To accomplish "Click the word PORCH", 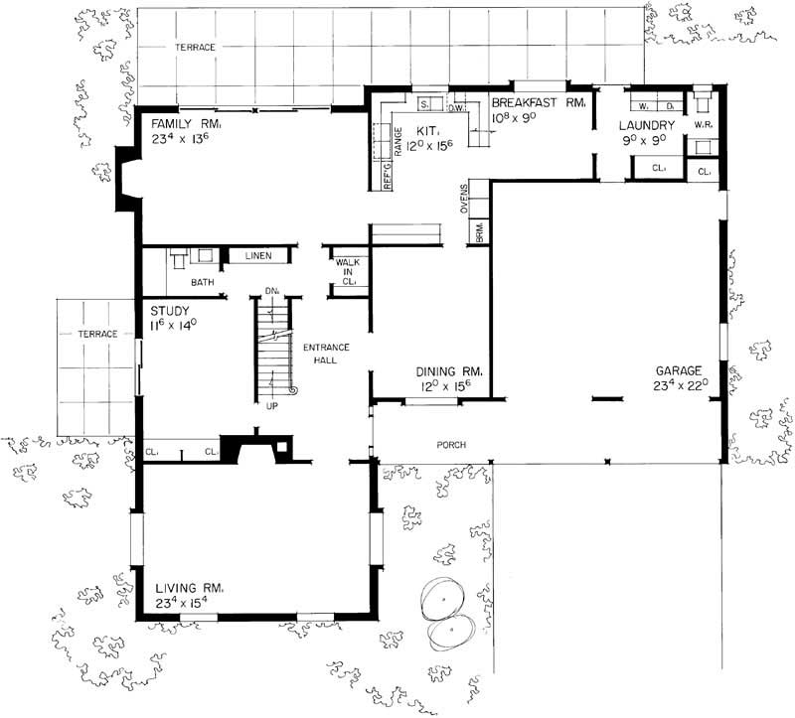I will (x=451, y=444).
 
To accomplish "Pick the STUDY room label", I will (x=168, y=309).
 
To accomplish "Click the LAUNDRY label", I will (x=646, y=125).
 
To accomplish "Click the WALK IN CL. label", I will (x=349, y=272).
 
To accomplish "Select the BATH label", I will (x=203, y=282).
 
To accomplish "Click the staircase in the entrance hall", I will (x=272, y=348).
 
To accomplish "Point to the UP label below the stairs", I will (x=271, y=406).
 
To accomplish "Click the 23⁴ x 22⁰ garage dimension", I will (x=680, y=383).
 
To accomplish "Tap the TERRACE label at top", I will (x=196, y=47).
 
